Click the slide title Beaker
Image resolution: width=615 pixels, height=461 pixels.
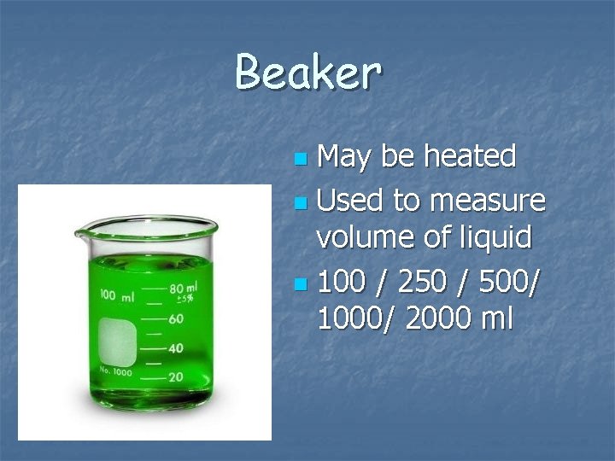(x=307, y=72)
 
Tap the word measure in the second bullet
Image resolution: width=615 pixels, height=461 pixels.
(x=488, y=201)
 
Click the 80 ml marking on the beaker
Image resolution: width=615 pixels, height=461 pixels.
(x=183, y=289)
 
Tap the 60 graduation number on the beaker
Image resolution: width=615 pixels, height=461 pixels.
(x=176, y=318)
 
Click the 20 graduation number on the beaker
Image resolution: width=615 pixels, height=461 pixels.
(x=176, y=377)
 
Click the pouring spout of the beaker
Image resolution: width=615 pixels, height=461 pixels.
(x=84, y=230)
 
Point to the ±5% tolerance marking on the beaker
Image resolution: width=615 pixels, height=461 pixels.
(x=185, y=300)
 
